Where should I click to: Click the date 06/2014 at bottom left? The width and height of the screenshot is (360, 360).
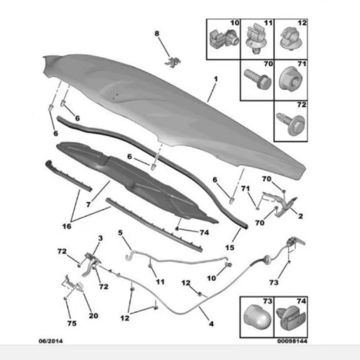(51, 341)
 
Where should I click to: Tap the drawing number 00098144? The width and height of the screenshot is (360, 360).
(292, 341)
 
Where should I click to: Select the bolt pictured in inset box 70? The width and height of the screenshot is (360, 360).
(258, 80)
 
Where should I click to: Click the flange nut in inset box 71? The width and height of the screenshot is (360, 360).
(290, 79)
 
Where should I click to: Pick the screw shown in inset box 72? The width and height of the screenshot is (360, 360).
(291, 124)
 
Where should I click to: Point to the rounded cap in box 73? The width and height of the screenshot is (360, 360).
(257, 317)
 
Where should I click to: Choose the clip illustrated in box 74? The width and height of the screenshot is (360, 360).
(291, 319)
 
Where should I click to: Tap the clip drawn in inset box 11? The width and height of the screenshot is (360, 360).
(256, 39)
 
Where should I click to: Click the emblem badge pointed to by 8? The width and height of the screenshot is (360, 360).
(172, 62)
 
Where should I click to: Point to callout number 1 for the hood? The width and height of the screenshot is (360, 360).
(216, 79)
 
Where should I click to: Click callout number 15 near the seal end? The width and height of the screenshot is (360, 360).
(229, 247)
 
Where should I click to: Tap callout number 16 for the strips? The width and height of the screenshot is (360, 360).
(67, 227)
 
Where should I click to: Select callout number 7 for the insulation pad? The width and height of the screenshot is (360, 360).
(88, 204)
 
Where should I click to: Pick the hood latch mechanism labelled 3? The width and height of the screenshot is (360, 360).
(91, 264)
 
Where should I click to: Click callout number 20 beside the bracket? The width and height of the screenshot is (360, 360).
(94, 316)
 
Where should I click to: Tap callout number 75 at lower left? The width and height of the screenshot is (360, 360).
(72, 323)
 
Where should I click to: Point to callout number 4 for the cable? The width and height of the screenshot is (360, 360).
(211, 324)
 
